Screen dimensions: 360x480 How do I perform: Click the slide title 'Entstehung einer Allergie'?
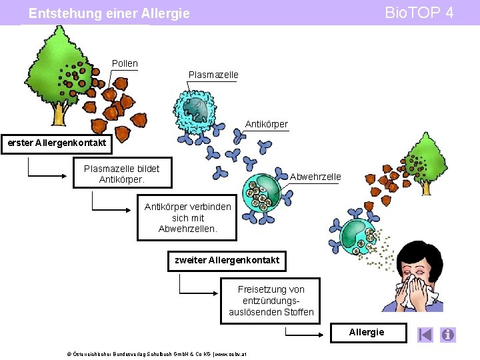pyautogui.click(x=109, y=13)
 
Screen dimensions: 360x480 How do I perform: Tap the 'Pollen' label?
pyautogui.click(x=125, y=63)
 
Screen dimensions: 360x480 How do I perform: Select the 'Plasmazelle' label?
pyautogui.click(x=213, y=75)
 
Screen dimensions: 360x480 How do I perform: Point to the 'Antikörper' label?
pyautogui.click(x=266, y=124)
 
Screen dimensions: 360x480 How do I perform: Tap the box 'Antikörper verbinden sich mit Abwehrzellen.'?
pyautogui.click(x=187, y=217)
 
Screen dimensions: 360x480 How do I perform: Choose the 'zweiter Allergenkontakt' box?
pyautogui.click(x=227, y=260)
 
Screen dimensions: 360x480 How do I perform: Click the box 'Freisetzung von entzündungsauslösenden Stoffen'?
pyautogui.click(x=271, y=301)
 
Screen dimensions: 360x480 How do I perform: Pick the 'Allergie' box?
pyautogui.click(x=366, y=332)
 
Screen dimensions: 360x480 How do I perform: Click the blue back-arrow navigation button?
pyautogui.click(x=425, y=334)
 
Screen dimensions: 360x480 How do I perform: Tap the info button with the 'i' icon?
pyautogui.click(x=447, y=334)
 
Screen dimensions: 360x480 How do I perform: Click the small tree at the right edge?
pyautogui.click(x=424, y=160)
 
